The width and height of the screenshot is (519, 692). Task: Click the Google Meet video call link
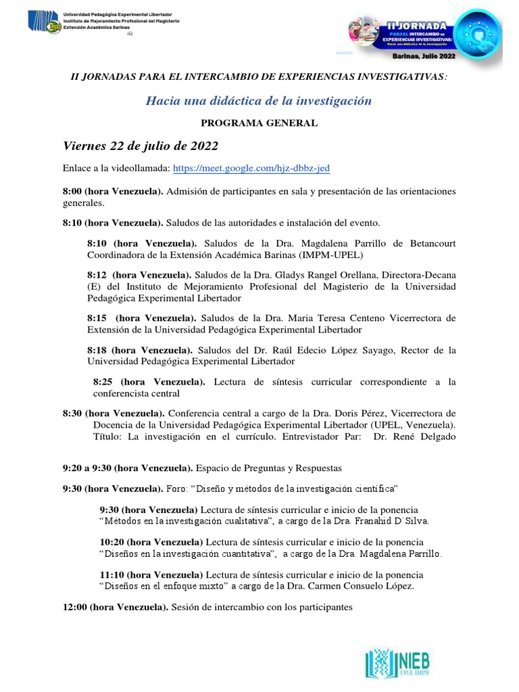click(251, 168)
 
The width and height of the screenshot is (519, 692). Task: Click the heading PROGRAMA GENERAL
click(259, 123)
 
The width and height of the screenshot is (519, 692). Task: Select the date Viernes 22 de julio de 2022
click(141, 146)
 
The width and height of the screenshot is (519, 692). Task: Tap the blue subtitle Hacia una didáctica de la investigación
click(259, 101)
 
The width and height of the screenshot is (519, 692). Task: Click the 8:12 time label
click(98, 275)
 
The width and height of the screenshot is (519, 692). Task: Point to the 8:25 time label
click(103, 382)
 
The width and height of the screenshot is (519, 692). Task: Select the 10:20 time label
click(113, 542)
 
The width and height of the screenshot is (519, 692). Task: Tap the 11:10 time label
click(113, 574)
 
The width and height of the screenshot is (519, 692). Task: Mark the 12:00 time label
click(75, 607)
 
